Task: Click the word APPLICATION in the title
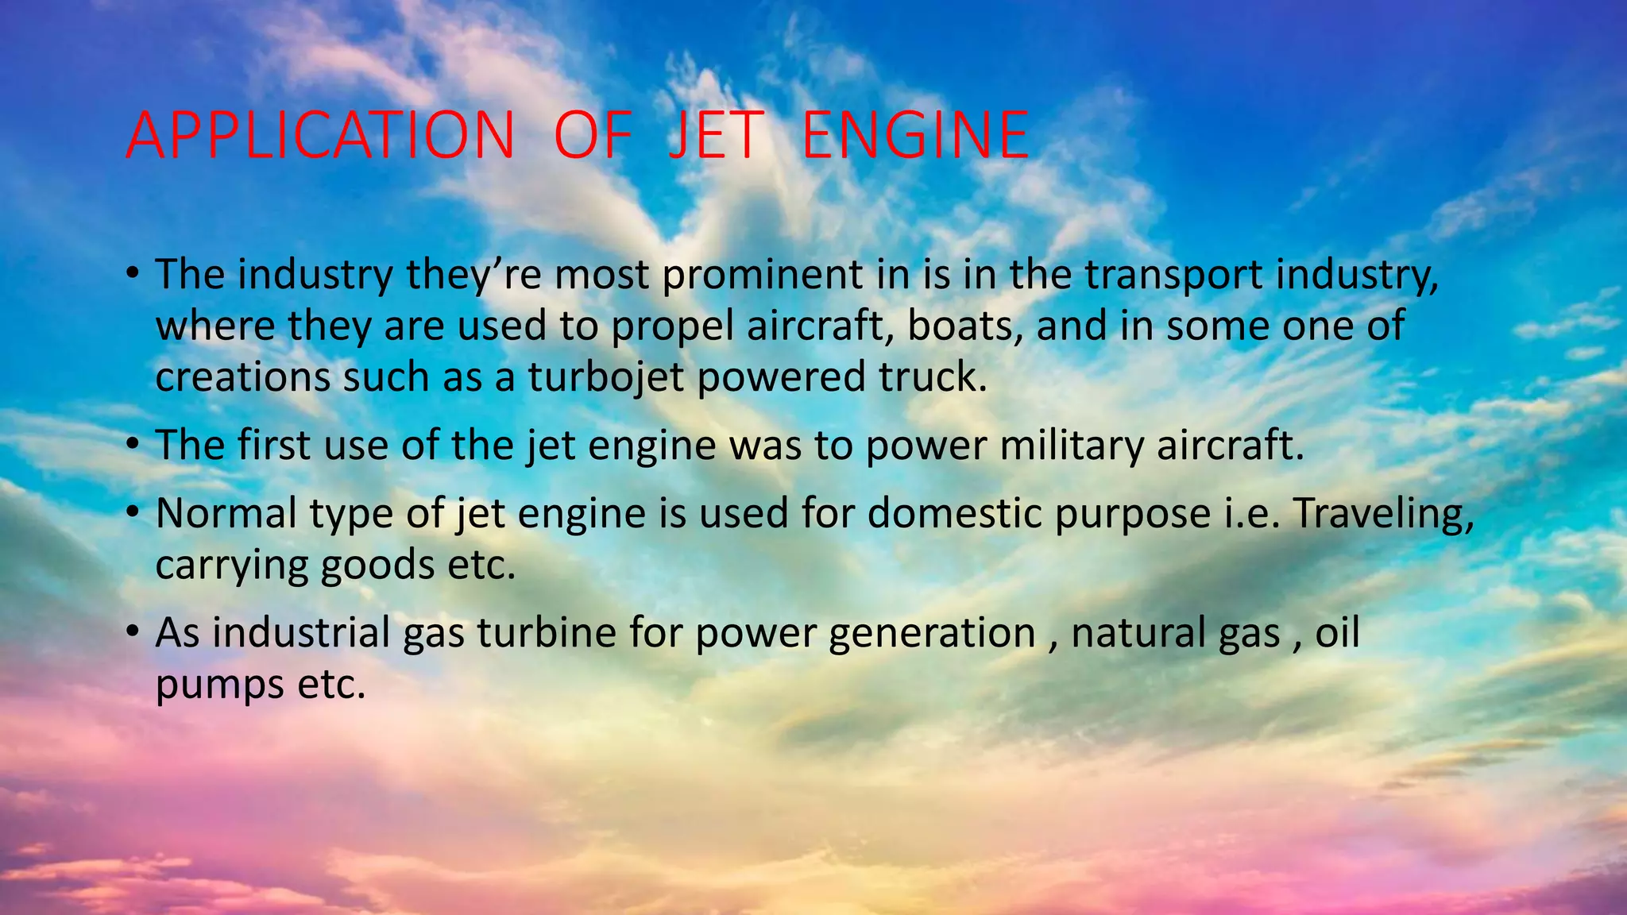(320, 136)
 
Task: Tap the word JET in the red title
(716, 136)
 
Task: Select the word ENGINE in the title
(916, 136)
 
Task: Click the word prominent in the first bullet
(763, 275)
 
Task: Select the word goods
(378, 566)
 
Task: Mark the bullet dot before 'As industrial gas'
(133, 632)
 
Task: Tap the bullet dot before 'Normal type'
(133, 512)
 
